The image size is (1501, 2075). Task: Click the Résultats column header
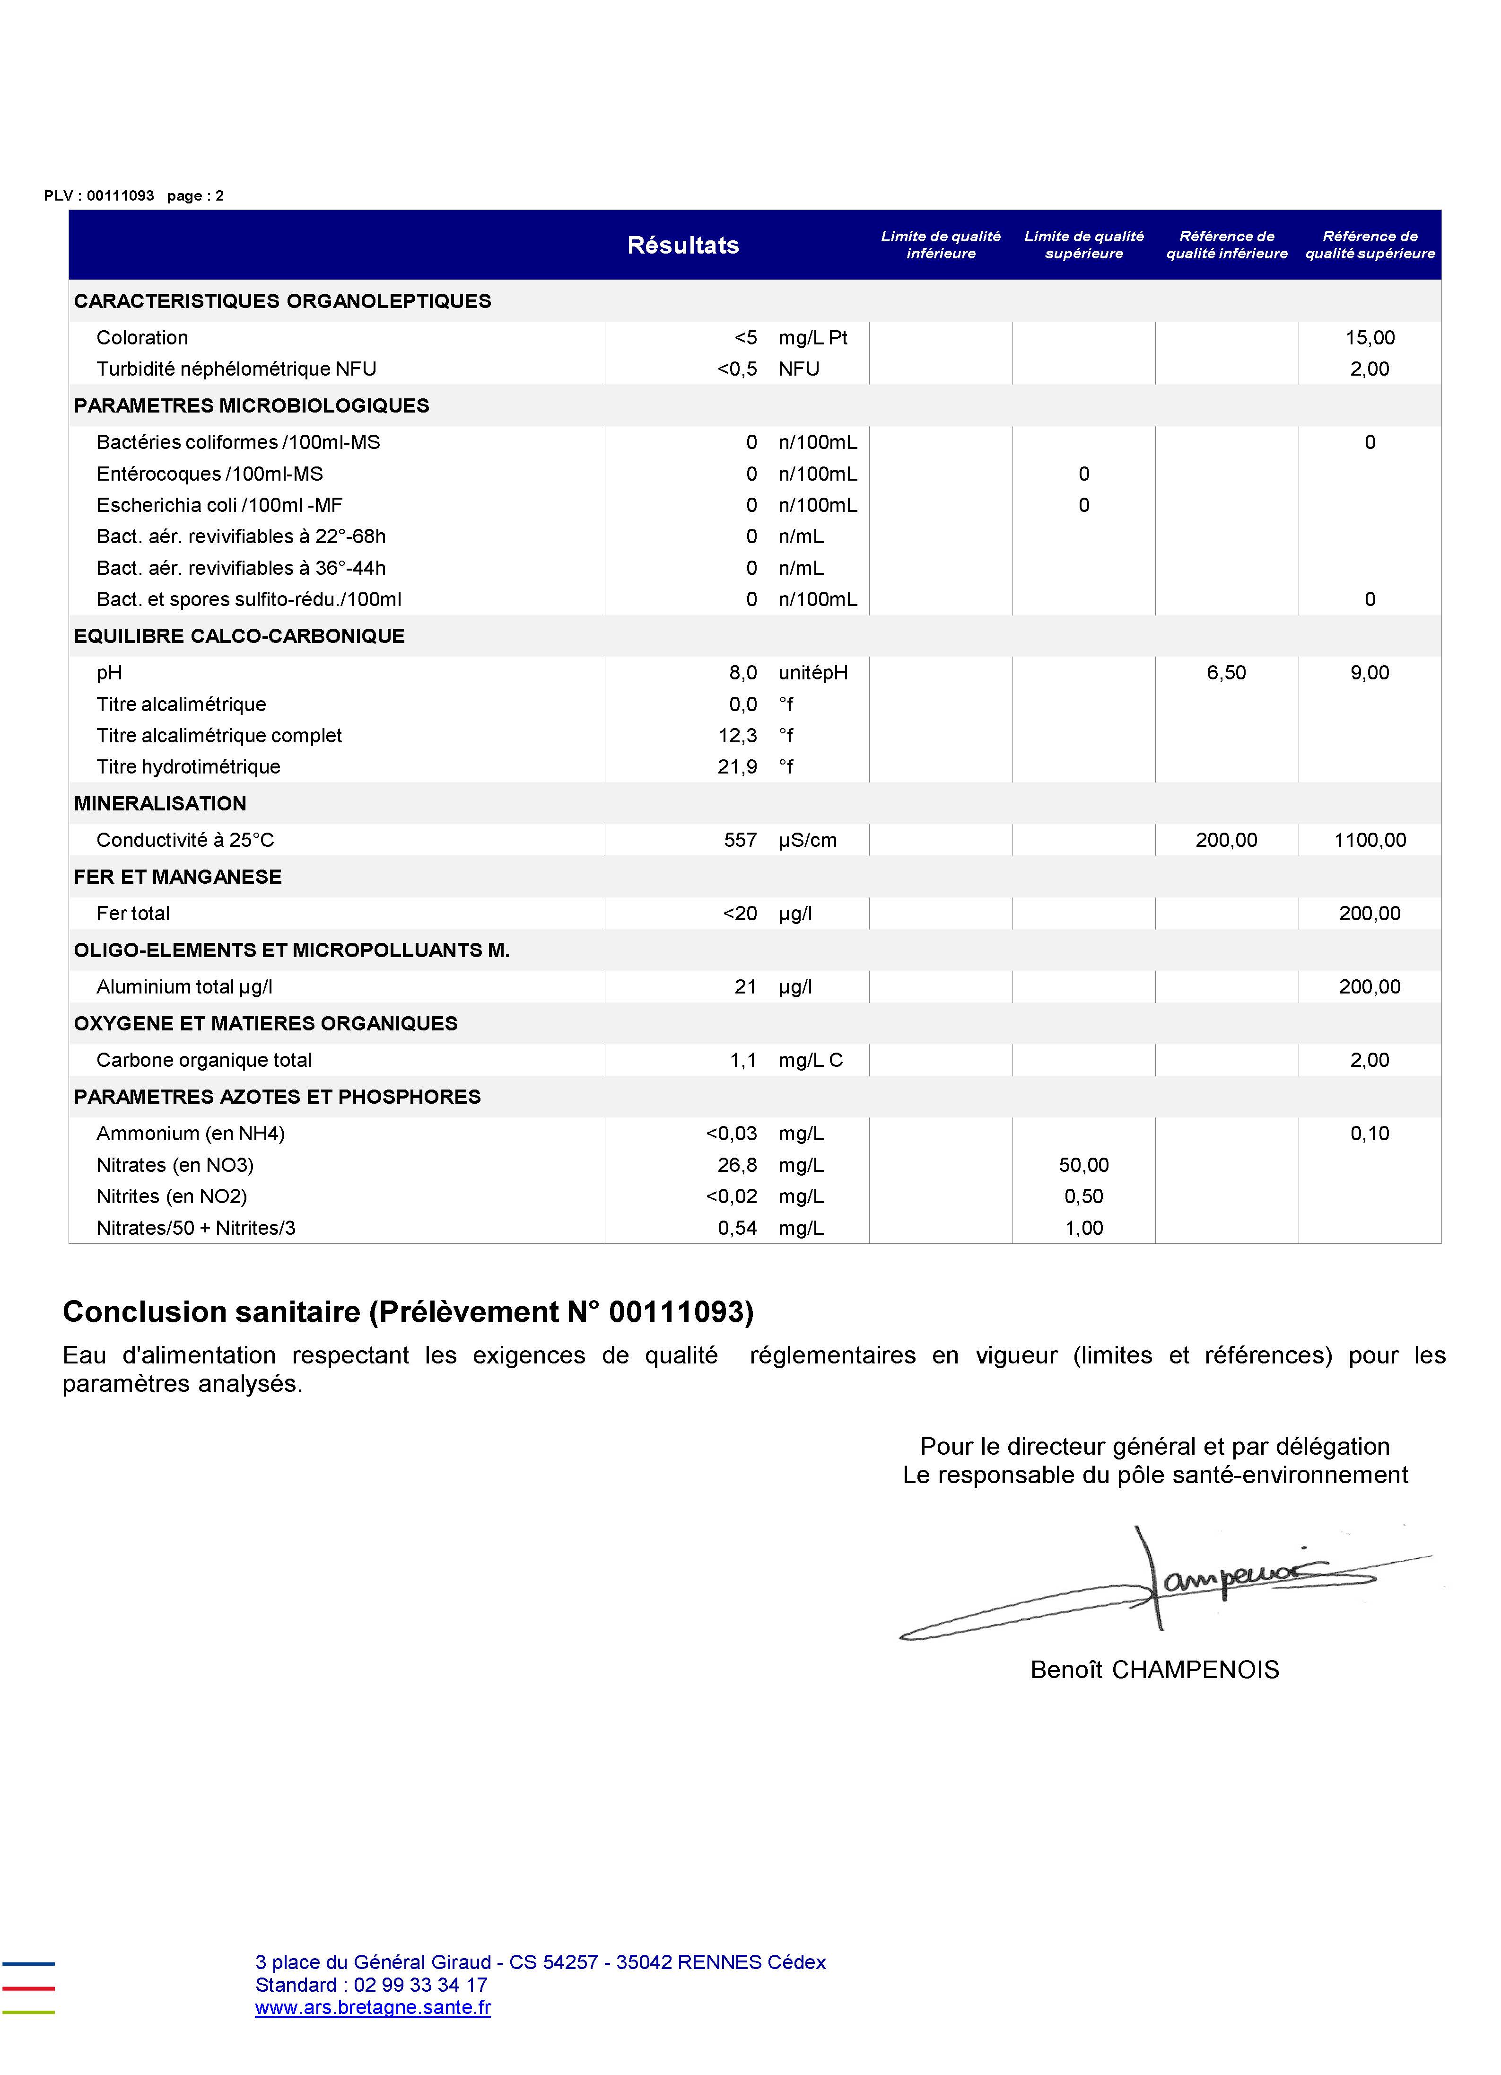[682, 245]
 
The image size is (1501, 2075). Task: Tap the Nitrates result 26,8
[737, 1165]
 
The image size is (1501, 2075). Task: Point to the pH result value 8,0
[743, 672]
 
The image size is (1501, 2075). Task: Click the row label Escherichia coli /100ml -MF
[219, 505]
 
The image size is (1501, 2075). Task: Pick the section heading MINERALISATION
[160, 803]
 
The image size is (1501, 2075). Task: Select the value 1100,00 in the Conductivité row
[1369, 840]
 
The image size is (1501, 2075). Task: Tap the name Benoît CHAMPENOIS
[1154, 1670]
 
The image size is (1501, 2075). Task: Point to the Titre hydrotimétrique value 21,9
[737, 767]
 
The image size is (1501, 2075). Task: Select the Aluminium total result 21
[745, 986]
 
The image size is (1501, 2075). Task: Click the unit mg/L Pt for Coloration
[813, 338]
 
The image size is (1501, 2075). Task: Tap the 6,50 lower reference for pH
[1226, 672]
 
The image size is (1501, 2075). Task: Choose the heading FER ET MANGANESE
[177, 877]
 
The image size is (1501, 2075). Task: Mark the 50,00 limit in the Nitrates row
[1084, 1165]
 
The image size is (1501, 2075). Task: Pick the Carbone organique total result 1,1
[743, 1059]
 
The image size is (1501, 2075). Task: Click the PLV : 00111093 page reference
[99, 196]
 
